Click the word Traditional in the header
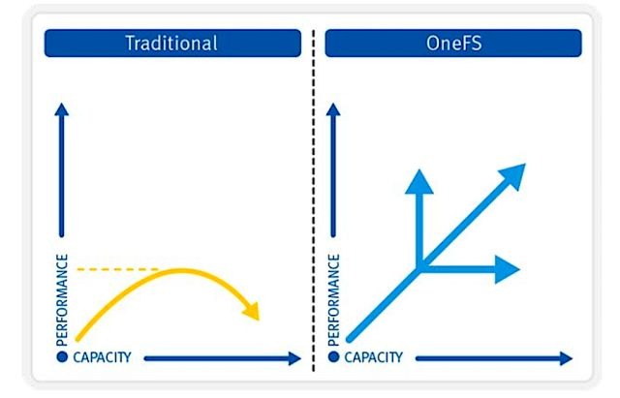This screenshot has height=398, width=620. [171, 43]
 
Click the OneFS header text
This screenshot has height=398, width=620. [454, 43]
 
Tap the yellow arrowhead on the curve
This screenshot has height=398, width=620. [252, 311]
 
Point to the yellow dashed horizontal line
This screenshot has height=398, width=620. [117, 269]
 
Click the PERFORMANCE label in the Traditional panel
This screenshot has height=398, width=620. [62, 300]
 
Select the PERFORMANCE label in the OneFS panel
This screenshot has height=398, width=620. [333, 300]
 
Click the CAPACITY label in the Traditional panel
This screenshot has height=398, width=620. [102, 357]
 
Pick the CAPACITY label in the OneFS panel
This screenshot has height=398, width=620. [373, 357]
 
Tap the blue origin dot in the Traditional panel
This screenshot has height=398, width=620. [62, 357]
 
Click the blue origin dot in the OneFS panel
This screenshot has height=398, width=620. [333, 357]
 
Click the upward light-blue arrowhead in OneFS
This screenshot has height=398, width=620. [419, 182]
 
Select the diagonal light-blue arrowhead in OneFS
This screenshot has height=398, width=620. [513, 175]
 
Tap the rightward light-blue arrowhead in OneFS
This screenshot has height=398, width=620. [508, 269]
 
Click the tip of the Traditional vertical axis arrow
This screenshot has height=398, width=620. [61, 104]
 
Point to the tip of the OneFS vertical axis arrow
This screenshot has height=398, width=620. [333, 104]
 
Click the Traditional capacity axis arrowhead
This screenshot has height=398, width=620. [294, 358]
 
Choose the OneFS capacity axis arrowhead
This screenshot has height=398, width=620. [566, 358]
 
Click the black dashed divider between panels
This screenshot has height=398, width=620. [314, 200]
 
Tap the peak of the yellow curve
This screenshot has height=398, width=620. [181, 270]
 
